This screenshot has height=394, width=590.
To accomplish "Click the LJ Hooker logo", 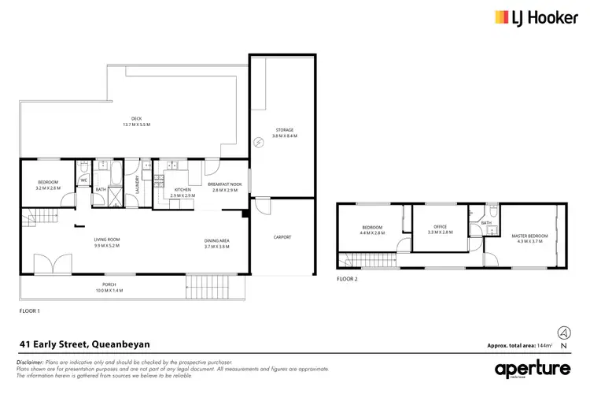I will tap(532, 17).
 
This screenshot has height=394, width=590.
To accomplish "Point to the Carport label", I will tap(282, 236).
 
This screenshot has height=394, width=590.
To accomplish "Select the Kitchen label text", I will tap(183, 190).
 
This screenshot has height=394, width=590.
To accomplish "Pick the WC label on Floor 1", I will tap(83, 180).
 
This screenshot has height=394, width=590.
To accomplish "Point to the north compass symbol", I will tap(563, 333).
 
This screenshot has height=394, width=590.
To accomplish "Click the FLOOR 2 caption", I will tap(347, 279).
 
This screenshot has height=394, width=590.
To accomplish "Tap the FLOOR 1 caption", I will tap(29, 312).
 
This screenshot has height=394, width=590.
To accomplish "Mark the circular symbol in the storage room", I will tap(259, 142).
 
